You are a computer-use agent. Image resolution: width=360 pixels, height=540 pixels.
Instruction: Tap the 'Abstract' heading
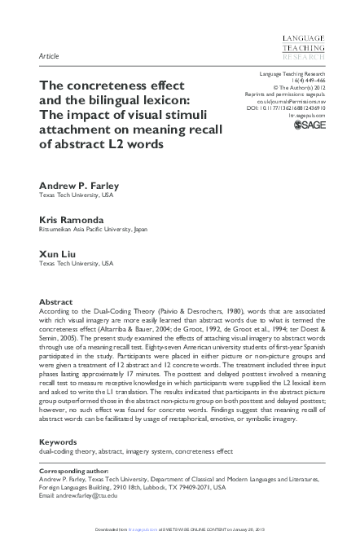56,301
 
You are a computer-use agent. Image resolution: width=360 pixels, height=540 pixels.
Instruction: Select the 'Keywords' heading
59,442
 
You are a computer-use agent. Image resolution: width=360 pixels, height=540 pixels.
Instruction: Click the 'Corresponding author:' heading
72,472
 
